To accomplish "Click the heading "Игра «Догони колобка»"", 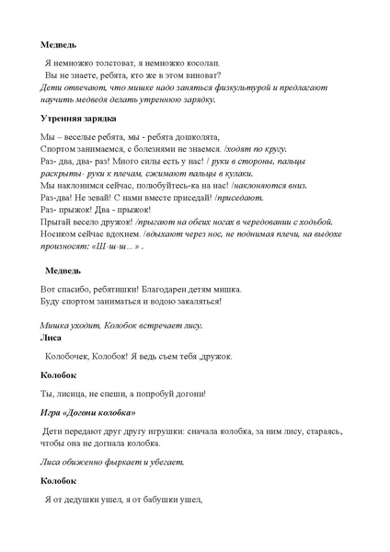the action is pos(87,412).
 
